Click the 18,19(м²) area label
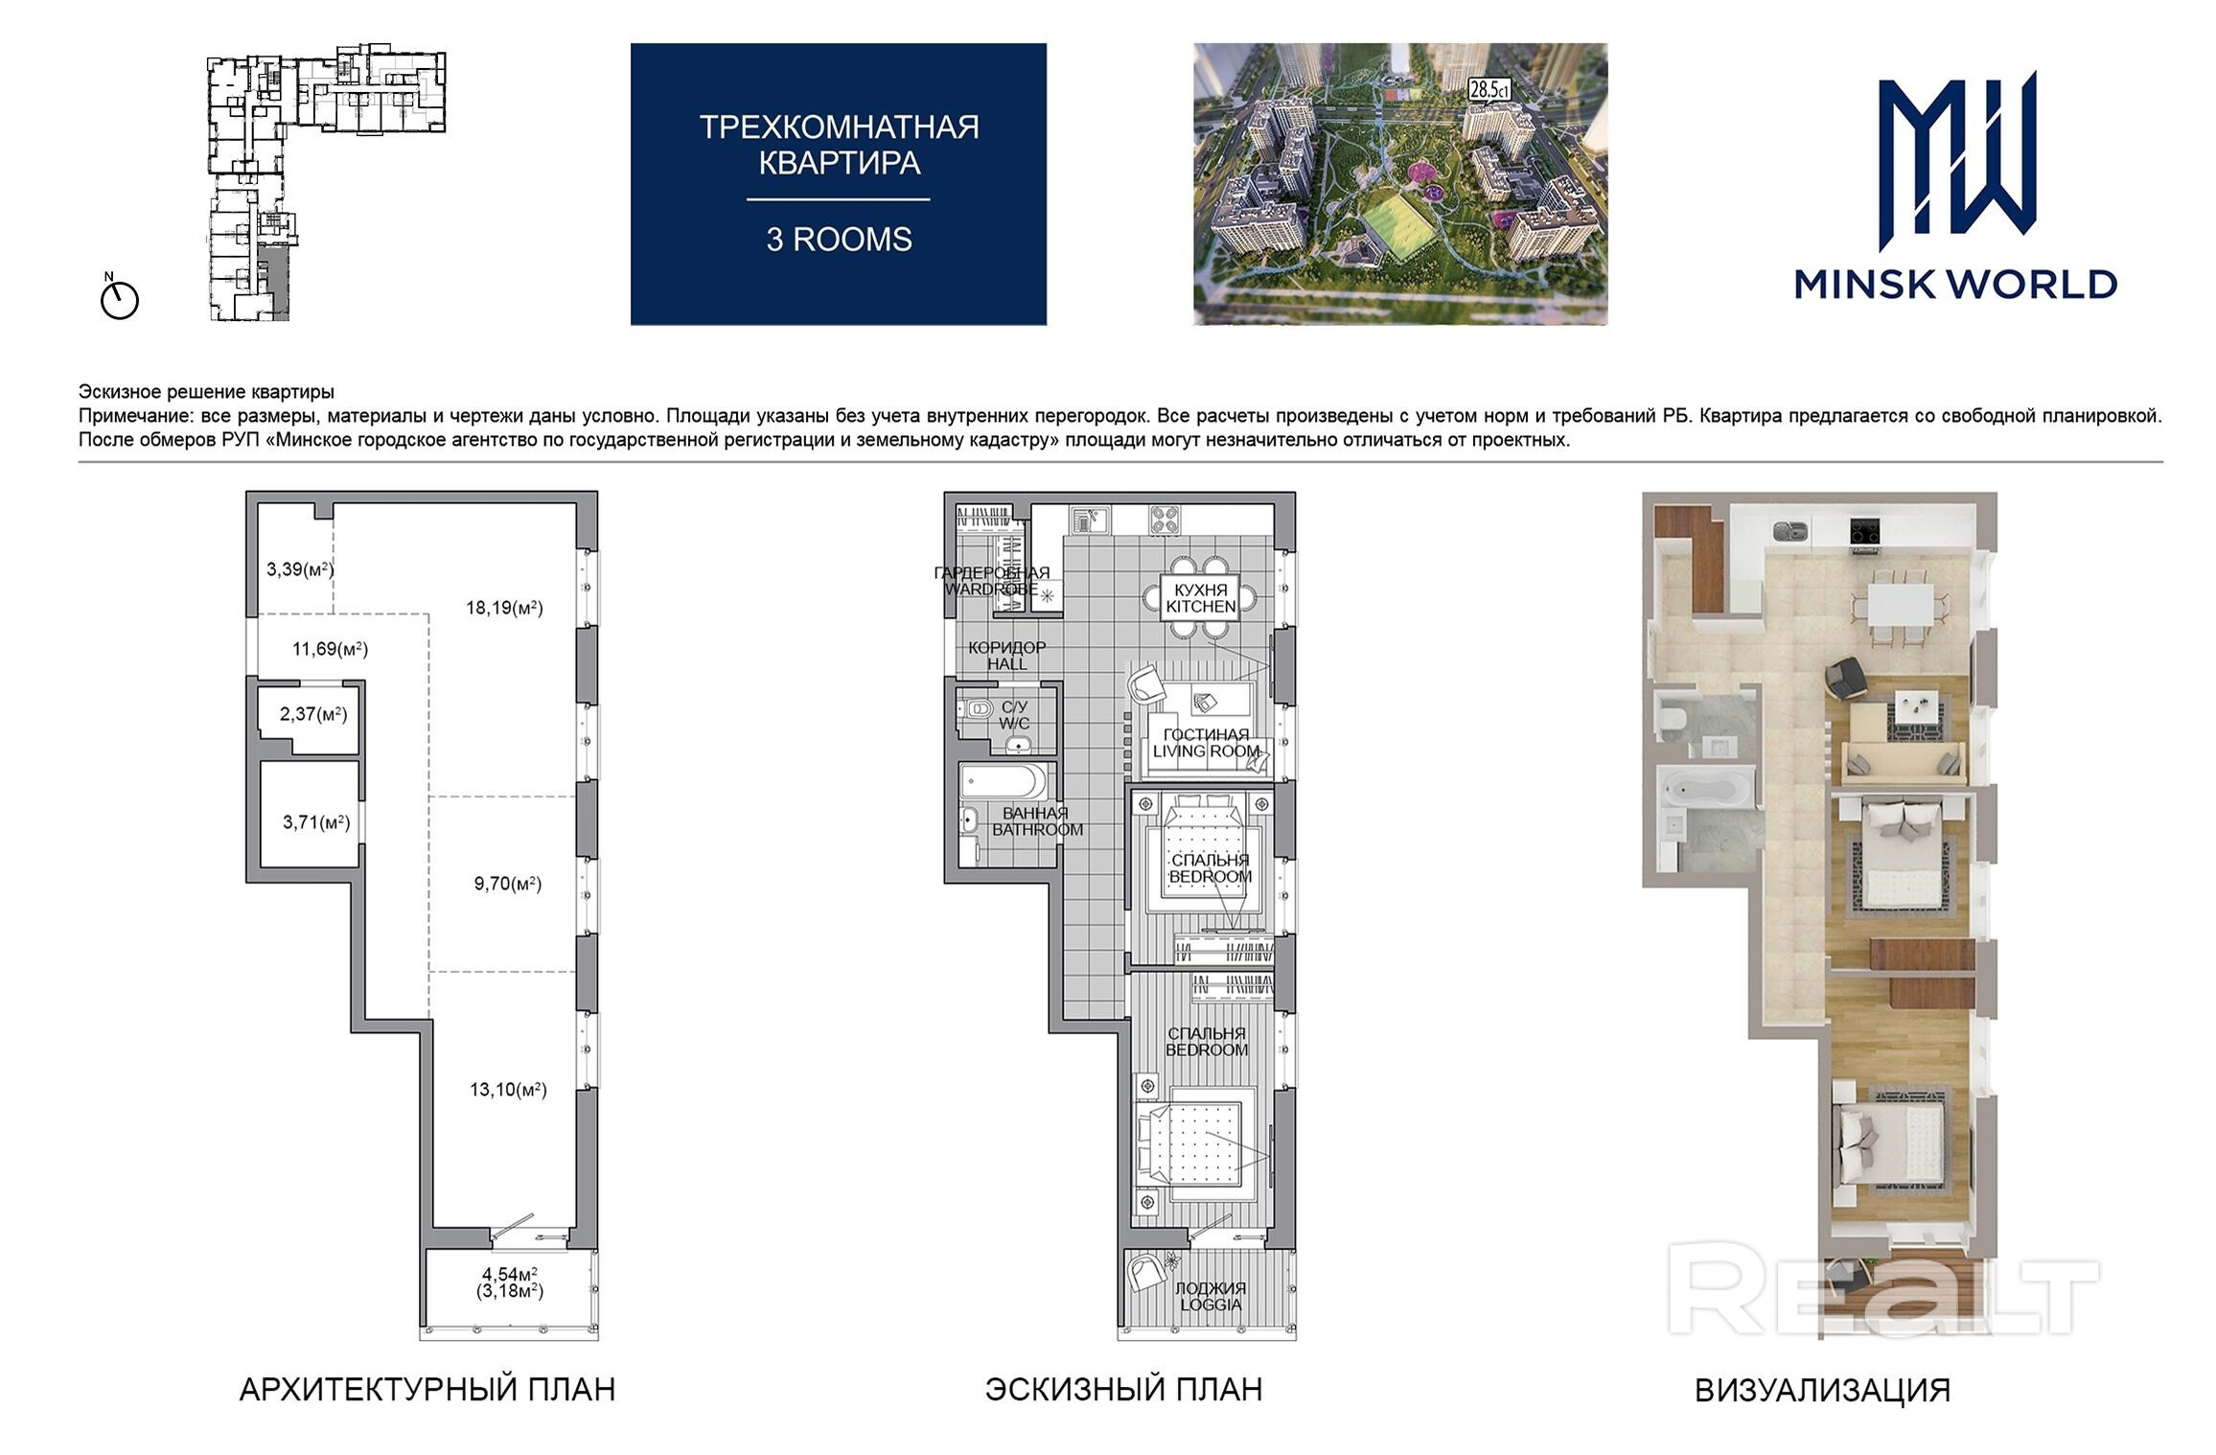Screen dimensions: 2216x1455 click(504, 608)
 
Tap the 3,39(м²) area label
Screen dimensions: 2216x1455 click(300, 569)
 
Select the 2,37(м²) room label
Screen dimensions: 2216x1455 click(313, 714)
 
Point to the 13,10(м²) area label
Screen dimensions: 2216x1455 click(508, 1089)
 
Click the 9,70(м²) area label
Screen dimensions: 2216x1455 click(508, 884)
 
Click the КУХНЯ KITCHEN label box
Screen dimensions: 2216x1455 click(1200, 598)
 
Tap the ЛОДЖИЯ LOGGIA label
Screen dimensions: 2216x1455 click(1211, 1296)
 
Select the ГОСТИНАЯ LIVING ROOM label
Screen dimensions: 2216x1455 click(1206, 743)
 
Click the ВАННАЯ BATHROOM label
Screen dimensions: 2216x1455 click(1037, 821)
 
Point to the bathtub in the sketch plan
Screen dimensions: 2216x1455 click(1004, 782)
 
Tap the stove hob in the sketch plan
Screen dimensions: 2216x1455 click(1166, 520)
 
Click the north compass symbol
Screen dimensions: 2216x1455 click(119, 298)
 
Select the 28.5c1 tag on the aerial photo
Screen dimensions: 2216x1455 click(1489, 90)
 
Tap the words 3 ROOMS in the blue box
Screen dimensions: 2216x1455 click(839, 240)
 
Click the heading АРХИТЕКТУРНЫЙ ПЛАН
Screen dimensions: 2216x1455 click(427, 1390)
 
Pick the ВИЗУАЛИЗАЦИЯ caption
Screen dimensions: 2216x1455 click(1822, 1391)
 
